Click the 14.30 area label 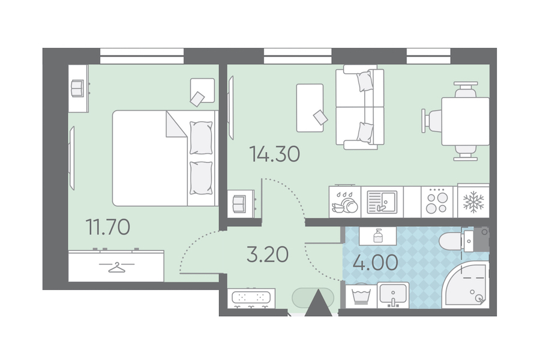274,154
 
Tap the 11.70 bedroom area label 108,227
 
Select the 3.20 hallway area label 268,254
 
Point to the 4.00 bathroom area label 376,263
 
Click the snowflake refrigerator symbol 473,202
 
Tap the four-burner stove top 437,202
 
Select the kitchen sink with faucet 382,202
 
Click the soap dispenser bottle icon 378,236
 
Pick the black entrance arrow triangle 319,304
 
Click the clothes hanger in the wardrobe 116,268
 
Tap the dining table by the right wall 465,121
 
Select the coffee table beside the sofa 310,108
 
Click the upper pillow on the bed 201,138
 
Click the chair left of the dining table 432,121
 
